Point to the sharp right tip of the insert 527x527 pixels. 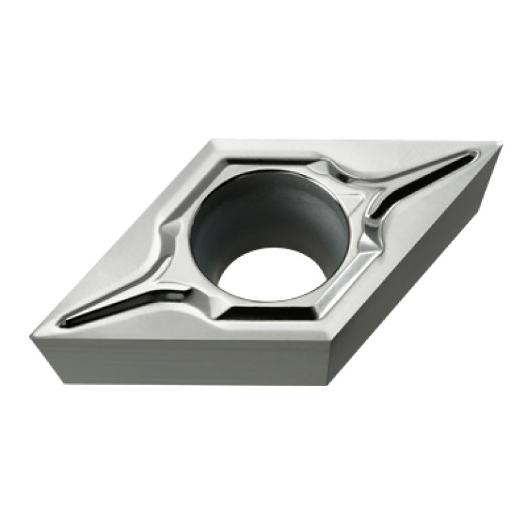pos(502,143)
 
